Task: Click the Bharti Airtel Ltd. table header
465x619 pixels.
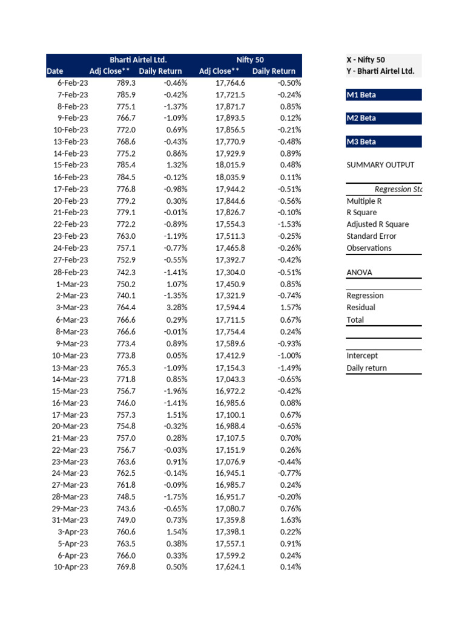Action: tap(137, 60)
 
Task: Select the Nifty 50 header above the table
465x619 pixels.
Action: tap(250, 60)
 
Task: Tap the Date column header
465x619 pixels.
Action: tap(54, 71)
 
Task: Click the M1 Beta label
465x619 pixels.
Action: tap(361, 95)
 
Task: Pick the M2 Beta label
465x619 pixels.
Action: tap(361, 118)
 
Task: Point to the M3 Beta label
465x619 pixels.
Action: tap(361, 142)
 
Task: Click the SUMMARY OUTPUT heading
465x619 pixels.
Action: tap(380, 165)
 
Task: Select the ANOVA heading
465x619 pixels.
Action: tap(359, 272)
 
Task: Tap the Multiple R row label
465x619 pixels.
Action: tap(364, 201)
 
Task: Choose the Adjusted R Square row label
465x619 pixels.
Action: tap(377, 224)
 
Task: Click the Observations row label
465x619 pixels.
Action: tap(369, 248)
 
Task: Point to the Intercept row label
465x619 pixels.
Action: tap(362, 356)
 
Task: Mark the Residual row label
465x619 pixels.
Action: tap(361, 307)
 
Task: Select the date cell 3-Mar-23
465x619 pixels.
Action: tap(72, 308)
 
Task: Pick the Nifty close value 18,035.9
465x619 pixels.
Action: tap(230, 177)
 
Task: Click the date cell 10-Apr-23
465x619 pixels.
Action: tap(70, 567)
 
